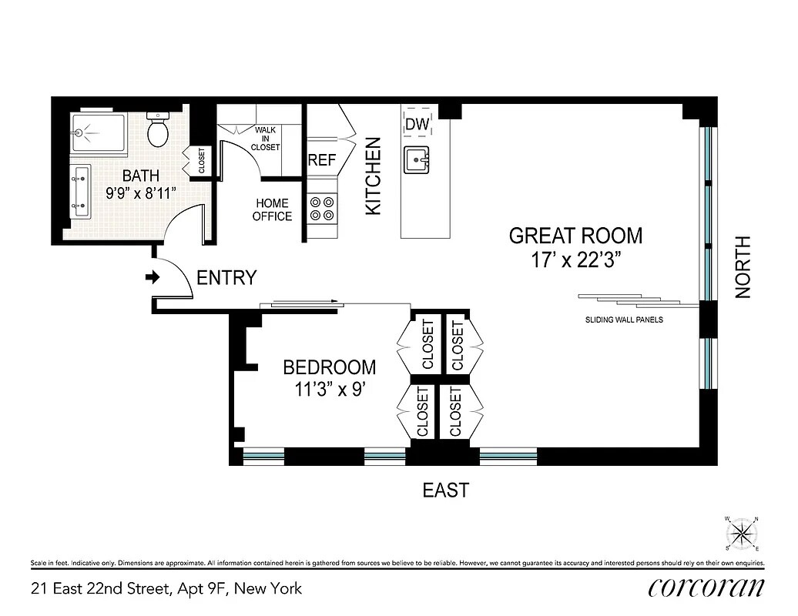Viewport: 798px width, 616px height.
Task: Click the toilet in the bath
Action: [159, 131]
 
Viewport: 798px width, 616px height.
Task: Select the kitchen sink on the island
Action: [417, 160]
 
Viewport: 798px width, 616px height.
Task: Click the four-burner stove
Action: [322, 208]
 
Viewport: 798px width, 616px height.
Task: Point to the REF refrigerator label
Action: [322, 161]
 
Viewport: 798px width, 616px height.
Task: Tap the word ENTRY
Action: [226, 278]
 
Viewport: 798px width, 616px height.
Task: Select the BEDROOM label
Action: [329, 367]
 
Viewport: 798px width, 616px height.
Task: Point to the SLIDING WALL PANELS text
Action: [623, 320]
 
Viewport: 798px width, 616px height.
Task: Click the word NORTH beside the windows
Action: [743, 267]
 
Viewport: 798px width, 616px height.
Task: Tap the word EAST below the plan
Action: [445, 490]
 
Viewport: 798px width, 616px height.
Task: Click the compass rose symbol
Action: [743, 533]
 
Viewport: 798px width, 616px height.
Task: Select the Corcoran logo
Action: [706, 588]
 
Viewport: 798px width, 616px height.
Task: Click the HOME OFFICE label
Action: [272, 209]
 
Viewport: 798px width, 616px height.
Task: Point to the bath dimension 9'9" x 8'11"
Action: [141, 193]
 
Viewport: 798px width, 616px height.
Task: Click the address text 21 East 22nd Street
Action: [166, 589]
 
